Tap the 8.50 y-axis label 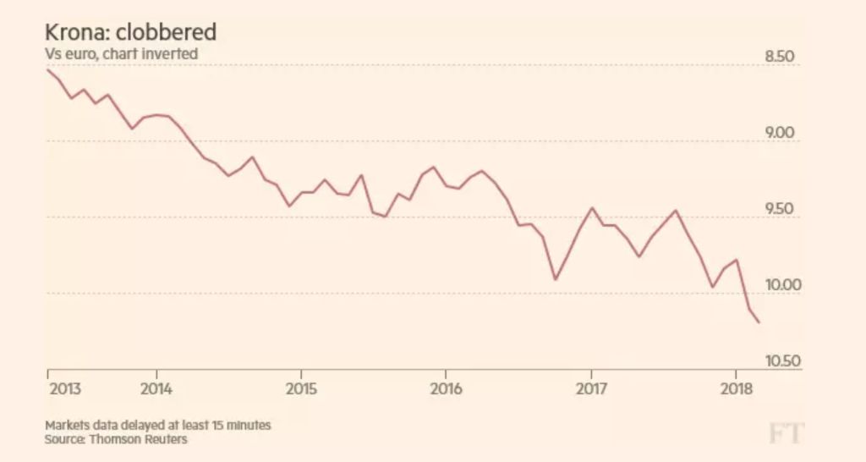point(779,58)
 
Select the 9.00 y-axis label point(779,134)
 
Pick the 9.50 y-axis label point(779,210)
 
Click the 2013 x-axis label point(65,389)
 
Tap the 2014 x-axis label point(156,389)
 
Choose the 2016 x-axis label point(446,389)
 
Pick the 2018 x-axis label point(736,389)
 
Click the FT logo point(785,434)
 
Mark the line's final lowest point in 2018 point(759,322)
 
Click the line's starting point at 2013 point(48,69)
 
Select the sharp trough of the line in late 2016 point(555,279)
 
